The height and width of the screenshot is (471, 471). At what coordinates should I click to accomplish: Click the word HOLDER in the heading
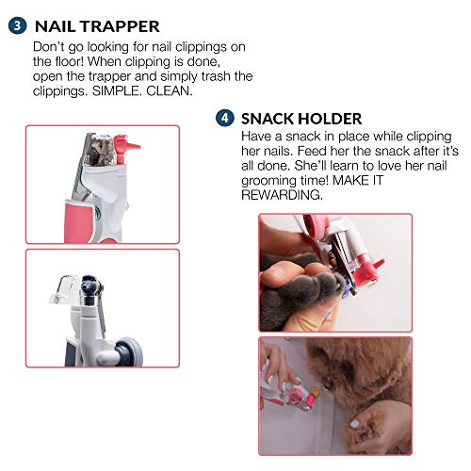329,120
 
